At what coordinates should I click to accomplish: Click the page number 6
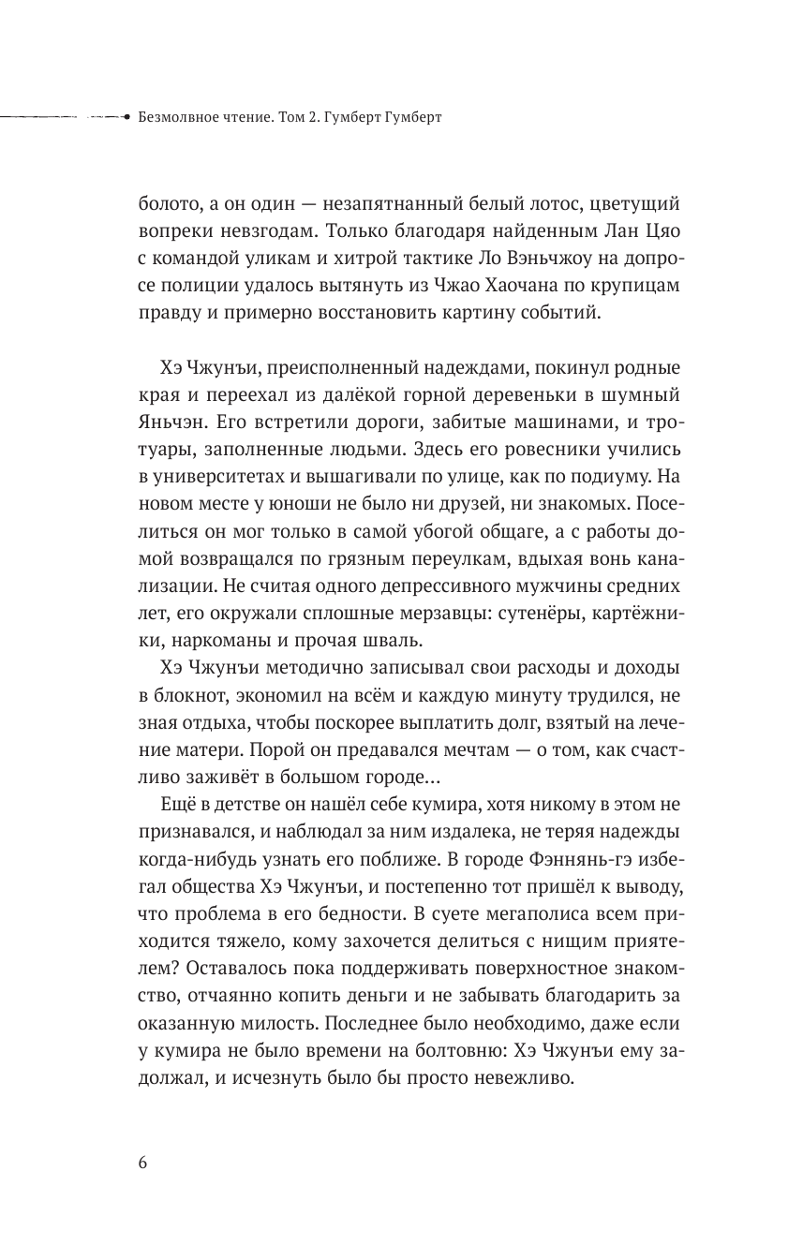point(142,1163)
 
